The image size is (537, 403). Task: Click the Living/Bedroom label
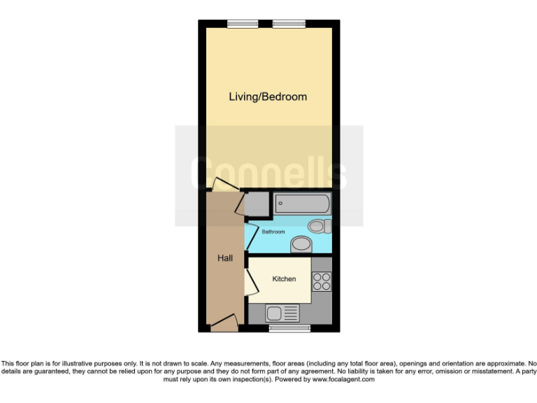(x=268, y=97)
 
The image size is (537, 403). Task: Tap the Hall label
(x=224, y=258)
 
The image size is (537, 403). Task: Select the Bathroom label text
(x=273, y=232)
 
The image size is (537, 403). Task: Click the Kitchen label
(x=284, y=279)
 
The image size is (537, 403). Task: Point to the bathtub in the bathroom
(x=301, y=204)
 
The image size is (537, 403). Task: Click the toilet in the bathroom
(x=318, y=226)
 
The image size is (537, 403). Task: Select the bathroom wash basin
(x=301, y=243)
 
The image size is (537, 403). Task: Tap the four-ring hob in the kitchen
(x=322, y=281)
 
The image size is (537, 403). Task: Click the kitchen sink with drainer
(x=282, y=313)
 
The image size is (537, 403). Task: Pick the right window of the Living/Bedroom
(x=289, y=24)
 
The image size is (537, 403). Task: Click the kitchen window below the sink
(x=288, y=327)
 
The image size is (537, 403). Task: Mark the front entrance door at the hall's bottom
(x=224, y=323)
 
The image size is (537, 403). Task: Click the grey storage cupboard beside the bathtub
(x=257, y=204)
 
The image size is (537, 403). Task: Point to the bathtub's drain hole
(x=280, y=204)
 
